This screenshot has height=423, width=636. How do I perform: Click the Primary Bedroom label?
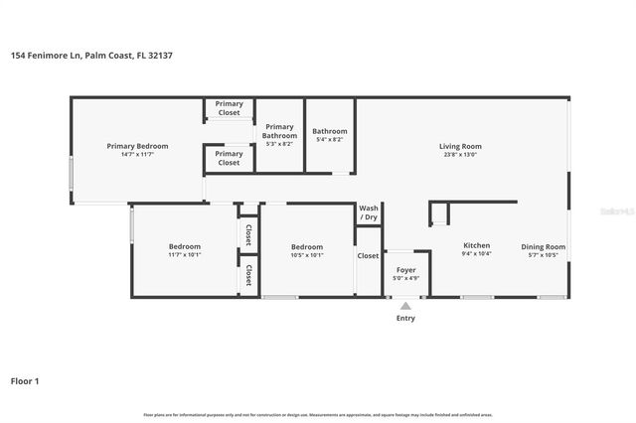coord(137,146)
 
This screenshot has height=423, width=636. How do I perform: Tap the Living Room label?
coord(459,146)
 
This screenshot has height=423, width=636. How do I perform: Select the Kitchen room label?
coord(477,245)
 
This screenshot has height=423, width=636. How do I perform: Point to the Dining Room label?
coord(544,246)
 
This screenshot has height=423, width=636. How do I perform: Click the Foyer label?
coord(405,270)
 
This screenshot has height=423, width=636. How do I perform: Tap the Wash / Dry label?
coord(369,212)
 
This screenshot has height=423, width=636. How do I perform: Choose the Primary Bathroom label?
coord(279,131)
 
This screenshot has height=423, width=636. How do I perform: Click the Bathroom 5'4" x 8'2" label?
coord(329,131)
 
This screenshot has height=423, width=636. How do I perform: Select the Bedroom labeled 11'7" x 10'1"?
coord(185,246)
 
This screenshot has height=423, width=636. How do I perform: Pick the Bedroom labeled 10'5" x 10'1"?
coord(307,246)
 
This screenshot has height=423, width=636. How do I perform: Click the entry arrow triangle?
coord(405,306)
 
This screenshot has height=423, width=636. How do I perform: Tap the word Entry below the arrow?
coord(405,319)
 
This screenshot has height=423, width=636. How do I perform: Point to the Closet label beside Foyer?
coord(369,255)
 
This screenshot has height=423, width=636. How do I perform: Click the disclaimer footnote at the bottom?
coord(318,414)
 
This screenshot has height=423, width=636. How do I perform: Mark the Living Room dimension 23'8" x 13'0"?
coord(459,155)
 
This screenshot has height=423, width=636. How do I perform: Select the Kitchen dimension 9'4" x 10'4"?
coord(477,254)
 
